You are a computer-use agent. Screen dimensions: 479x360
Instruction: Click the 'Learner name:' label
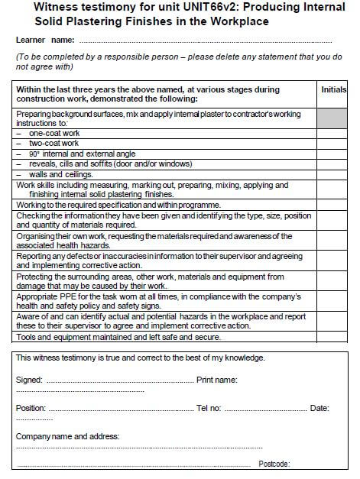point(44,40)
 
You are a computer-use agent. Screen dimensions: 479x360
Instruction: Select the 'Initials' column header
point(333,89)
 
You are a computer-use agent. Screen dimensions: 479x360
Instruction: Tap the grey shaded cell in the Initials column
point(333,118)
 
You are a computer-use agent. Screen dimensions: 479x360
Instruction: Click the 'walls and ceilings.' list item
point(60,174)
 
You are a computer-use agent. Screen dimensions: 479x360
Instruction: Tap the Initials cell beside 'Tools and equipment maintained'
point(333,336)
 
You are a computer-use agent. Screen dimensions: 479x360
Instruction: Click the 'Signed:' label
point(30,380)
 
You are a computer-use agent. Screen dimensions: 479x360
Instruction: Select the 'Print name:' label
point(216,380)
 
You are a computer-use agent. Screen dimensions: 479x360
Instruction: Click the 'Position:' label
point(31,408)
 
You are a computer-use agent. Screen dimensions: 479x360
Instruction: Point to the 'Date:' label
point(319,408)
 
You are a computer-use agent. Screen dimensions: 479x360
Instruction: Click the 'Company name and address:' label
point(67,436)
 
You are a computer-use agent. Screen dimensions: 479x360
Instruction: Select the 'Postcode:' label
point(274,464)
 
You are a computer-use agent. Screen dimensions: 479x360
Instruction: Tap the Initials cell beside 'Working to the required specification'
point(333,206)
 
